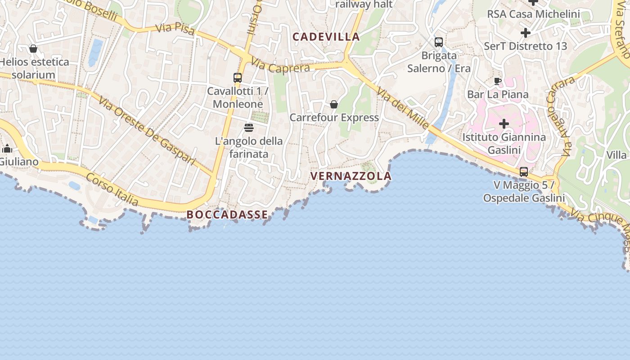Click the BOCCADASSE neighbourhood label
[x=227, y=215]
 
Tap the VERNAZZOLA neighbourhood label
[x=351, y=176]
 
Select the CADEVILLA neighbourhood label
[x=326, y=37]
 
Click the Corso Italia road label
[x=112, y=189]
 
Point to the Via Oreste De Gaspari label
[x=147, y=130]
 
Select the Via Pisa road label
[x=175, y=29]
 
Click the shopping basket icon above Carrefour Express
[x=334, y=104]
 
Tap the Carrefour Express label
[x=334, y=117]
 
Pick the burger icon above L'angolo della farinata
[x=249, y=128]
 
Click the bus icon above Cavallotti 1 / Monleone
[x=238, y=78]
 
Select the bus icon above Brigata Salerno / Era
[x=439, y=42]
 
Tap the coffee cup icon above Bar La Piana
[x=497, y=81]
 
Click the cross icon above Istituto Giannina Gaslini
[x=504, y=124]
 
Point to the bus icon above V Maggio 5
[x=524, y=172]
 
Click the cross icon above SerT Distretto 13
[x=525, y=33]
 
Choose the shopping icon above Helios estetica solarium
[x=33, y=49]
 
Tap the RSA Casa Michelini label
[x=533, y=14]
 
